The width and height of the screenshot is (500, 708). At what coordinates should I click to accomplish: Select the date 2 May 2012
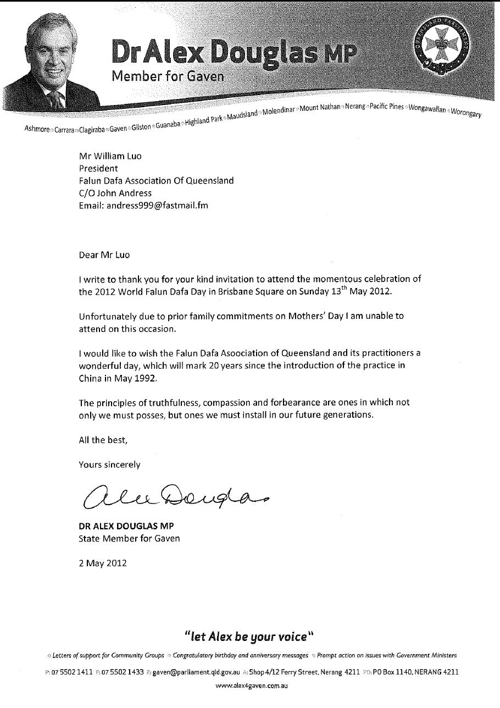[103, 563]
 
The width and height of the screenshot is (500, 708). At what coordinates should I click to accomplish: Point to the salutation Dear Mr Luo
[105, 255]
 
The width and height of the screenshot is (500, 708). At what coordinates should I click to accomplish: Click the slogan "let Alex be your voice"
[249, 637]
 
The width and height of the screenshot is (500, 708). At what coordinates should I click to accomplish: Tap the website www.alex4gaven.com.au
[251, 685]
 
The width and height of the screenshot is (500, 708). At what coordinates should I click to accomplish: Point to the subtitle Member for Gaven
[168, 76]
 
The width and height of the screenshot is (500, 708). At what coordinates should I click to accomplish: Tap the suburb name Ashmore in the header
[37, 129]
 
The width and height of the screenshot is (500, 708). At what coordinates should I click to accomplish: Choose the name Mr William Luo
[110, 156]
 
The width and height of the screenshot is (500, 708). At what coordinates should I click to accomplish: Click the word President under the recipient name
[98, 168]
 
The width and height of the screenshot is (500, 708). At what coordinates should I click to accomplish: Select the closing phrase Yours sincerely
[109, 464]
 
